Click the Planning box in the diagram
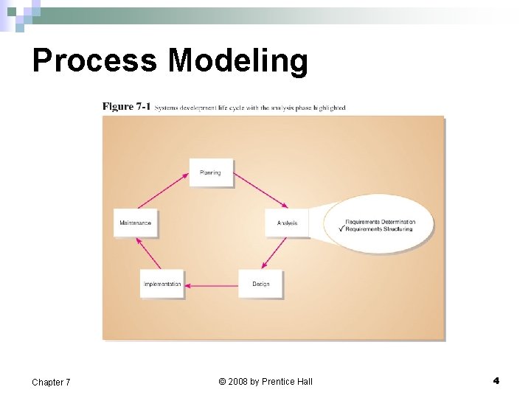point(210,173)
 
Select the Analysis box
point(287,223)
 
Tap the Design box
point(260,284)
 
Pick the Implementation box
point(162,284)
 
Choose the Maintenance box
point(136,223)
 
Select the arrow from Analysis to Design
point(275,253)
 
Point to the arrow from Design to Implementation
point(211,284)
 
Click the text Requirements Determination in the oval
point(380,222)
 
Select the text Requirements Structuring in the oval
point(379,229)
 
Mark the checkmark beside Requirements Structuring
point(341,228)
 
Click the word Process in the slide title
point(94,60)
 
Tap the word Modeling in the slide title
point(237,60)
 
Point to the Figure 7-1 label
point(126,107)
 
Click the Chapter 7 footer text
point(51,382)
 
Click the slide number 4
point(496,381)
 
